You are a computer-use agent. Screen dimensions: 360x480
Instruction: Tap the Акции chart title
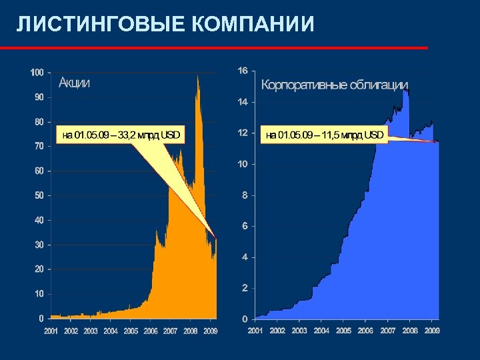tap(75, 83)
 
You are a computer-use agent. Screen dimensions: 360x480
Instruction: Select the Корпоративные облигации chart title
tap(334, 85)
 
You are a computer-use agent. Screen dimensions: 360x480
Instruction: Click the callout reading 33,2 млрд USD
tap(121, 135)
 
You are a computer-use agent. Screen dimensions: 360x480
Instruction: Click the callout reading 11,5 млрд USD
tap(325, 135)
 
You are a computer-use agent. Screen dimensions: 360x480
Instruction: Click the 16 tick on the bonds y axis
tap(243, 71)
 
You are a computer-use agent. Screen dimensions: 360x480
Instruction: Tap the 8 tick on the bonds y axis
tap(245, 195)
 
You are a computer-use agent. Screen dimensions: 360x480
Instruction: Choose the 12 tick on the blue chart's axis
tap(243, 133)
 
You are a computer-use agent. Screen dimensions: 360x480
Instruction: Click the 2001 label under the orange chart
tap(51, 331)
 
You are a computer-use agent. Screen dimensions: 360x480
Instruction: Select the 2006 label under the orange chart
tap(151, 331)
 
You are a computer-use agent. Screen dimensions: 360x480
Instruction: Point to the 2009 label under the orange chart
tap(211, 331)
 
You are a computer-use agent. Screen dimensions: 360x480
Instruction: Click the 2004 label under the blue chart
tap(321, 330)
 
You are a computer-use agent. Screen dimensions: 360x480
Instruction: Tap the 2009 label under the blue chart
tap(432, 330)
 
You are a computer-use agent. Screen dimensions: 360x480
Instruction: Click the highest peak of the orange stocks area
tap(197, 75)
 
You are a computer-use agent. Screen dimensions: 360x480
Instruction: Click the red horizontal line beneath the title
tap(213, 48)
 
